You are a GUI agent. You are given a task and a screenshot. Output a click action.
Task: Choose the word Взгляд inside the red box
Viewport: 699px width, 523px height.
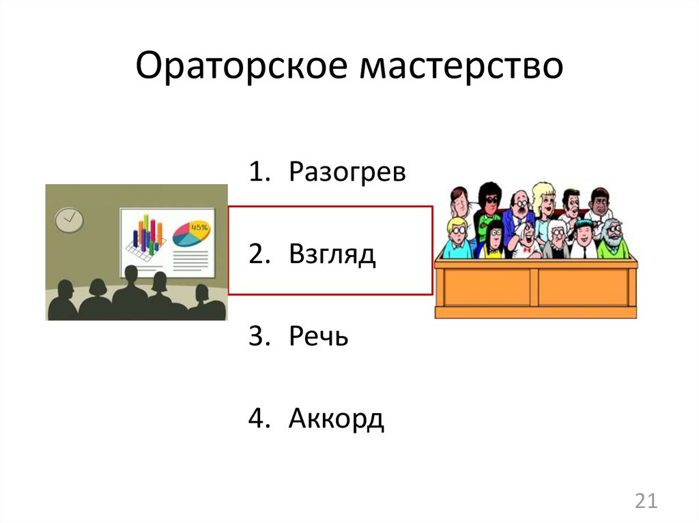pos(332,254)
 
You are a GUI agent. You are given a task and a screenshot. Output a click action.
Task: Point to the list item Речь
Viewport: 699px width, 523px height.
pos(318,336)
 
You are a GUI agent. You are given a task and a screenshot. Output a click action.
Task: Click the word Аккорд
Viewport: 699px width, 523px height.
pos(336,418)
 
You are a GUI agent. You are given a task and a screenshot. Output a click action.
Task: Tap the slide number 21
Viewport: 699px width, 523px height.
pos(645,502)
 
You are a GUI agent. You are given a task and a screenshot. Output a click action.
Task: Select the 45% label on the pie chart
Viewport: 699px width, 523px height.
pos(199,226)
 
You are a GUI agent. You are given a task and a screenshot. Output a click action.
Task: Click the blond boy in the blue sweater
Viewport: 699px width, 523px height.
pos(455,239)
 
